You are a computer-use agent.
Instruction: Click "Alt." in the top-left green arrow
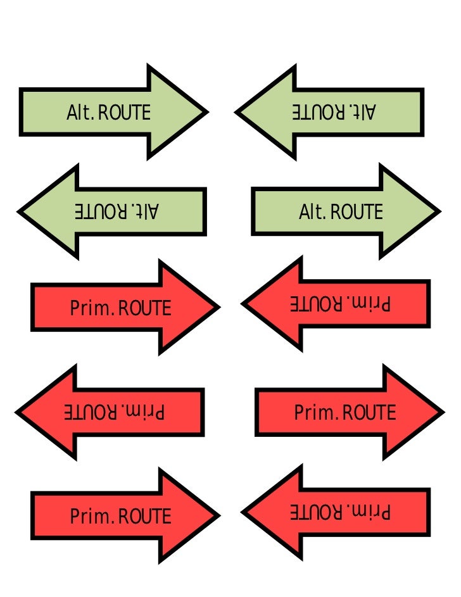click(x=80, y=113)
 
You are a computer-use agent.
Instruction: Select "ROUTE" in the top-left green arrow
click(x=125, y=113)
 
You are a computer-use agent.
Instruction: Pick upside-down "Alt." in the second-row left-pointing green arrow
click(x=146, y=211)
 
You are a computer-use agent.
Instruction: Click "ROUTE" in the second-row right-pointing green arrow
click(x=357, y=211)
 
